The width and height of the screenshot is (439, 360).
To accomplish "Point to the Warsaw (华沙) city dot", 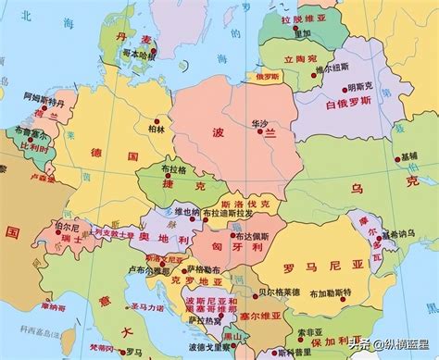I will click(x=257, y=132).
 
